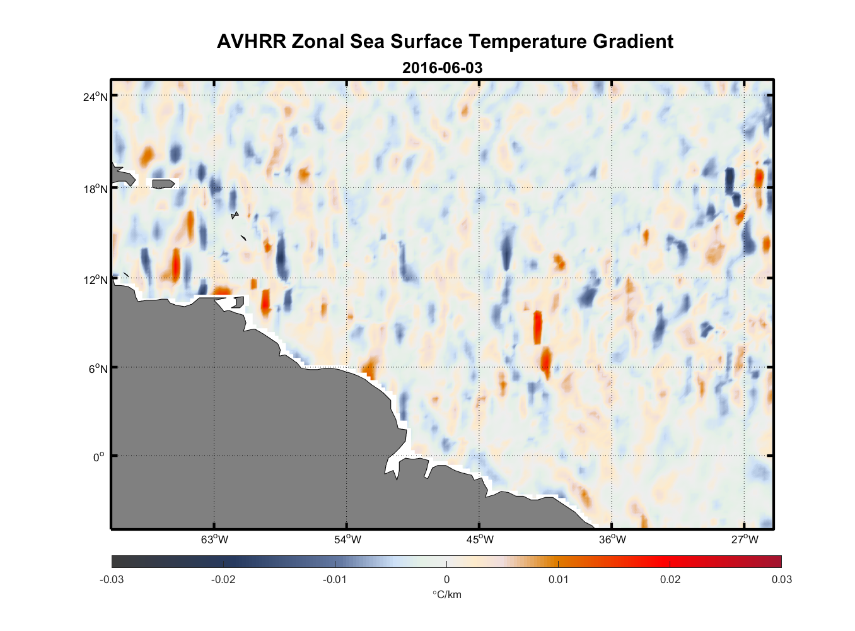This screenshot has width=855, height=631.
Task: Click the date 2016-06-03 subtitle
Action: tap(442, 68)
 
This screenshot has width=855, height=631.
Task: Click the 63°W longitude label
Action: tap(214, 540)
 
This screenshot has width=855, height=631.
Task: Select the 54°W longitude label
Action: tap(347, 540)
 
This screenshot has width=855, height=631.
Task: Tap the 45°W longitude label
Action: tap(480, 540)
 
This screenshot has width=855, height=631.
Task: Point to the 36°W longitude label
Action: tap(612, 540)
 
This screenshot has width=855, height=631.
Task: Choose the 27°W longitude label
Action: tap(745, 540)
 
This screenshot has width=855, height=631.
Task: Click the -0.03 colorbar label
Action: tap(112, 579)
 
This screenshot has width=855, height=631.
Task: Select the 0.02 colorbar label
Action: tap(670, 579)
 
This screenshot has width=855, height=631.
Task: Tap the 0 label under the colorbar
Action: tap(446, 579)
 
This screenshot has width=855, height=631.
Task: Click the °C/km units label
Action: tap(446, 594)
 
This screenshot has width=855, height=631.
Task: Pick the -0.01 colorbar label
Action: tap(334, 579)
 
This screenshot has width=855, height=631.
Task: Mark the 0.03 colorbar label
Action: tap(781, 579)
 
